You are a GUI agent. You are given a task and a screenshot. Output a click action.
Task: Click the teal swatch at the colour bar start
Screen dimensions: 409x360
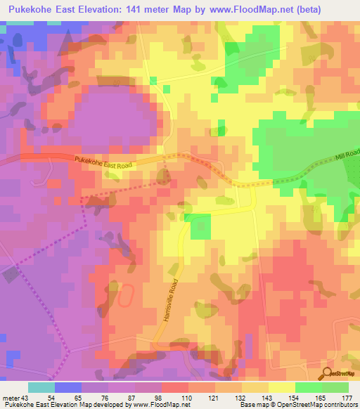coord(41,387)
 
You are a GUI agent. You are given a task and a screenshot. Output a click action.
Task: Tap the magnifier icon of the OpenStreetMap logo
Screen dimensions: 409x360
coord(328,372)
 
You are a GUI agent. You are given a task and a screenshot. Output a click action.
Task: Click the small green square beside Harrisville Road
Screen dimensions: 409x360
coord(200,226)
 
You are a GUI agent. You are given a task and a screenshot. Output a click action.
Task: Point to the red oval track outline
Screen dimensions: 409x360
coord(124,297)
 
